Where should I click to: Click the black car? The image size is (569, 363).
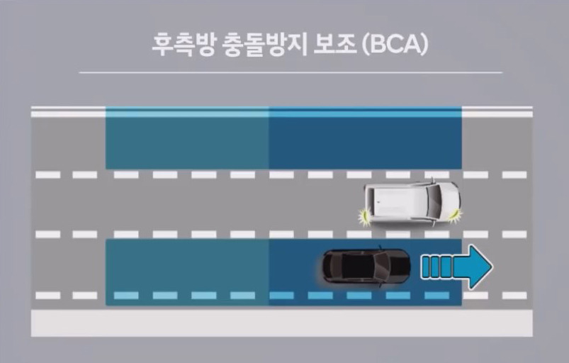366,266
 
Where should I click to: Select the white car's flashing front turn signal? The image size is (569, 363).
453,212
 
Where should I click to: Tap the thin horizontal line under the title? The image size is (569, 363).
290,72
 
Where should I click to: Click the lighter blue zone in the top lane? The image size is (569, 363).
187,139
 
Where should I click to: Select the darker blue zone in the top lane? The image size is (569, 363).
365,139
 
